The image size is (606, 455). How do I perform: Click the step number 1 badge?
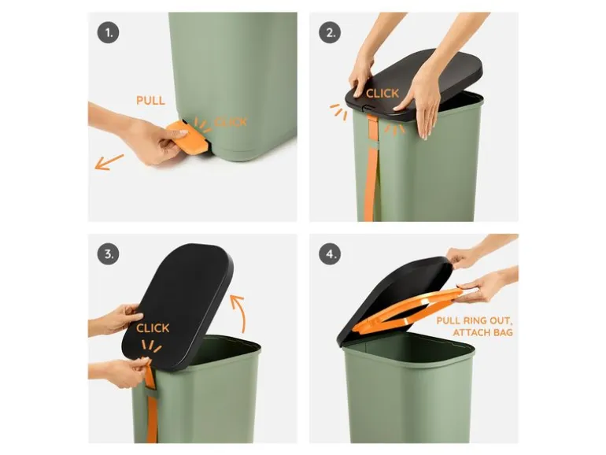(x=109, y=32)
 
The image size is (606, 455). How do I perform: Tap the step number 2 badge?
(x=330, y=32)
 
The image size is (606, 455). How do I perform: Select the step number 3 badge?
(x=109, y=254)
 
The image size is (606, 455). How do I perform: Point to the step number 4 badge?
(x=330, y=254)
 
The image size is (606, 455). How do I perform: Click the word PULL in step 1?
(x=151, y=101)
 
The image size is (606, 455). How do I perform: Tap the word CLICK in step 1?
(x=231, y=122)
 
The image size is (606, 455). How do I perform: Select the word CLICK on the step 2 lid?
(x=382, y=93)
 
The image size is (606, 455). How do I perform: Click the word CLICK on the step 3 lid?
(x=153, y=327)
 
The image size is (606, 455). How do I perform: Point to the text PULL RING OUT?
(x=475, y=320)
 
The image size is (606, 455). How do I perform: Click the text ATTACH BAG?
(x=483, y=332)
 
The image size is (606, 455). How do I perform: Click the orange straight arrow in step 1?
(x=109, y=161)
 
